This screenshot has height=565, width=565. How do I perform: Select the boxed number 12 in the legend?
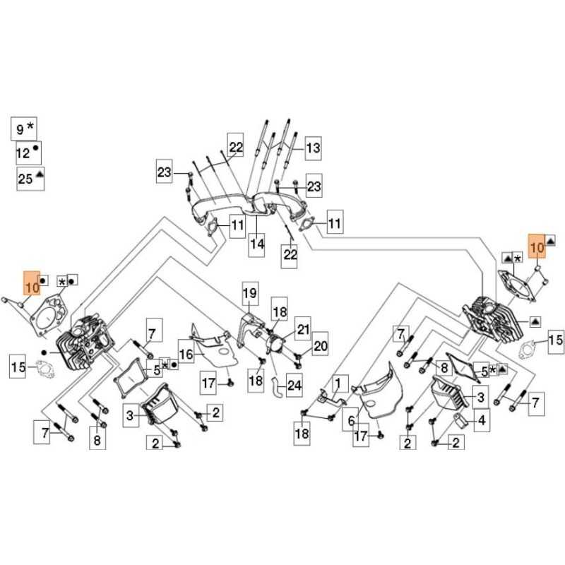[23, 152]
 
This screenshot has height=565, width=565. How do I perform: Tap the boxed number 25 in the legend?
[25, 178]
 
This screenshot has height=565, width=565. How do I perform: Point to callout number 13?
[312, 148]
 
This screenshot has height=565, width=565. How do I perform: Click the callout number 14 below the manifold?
[256, 244]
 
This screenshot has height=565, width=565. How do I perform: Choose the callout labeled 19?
[250, 292]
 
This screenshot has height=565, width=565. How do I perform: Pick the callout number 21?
[303, 329]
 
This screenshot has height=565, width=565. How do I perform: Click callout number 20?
[321, 346]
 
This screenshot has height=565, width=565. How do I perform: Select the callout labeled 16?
[186, 353]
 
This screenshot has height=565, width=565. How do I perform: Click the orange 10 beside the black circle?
[31, 287]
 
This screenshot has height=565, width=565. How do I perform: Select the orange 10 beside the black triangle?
[537, 246]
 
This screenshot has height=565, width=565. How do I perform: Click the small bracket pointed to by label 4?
[457, 422]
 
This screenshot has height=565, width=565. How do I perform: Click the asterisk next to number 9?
[31, 127]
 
